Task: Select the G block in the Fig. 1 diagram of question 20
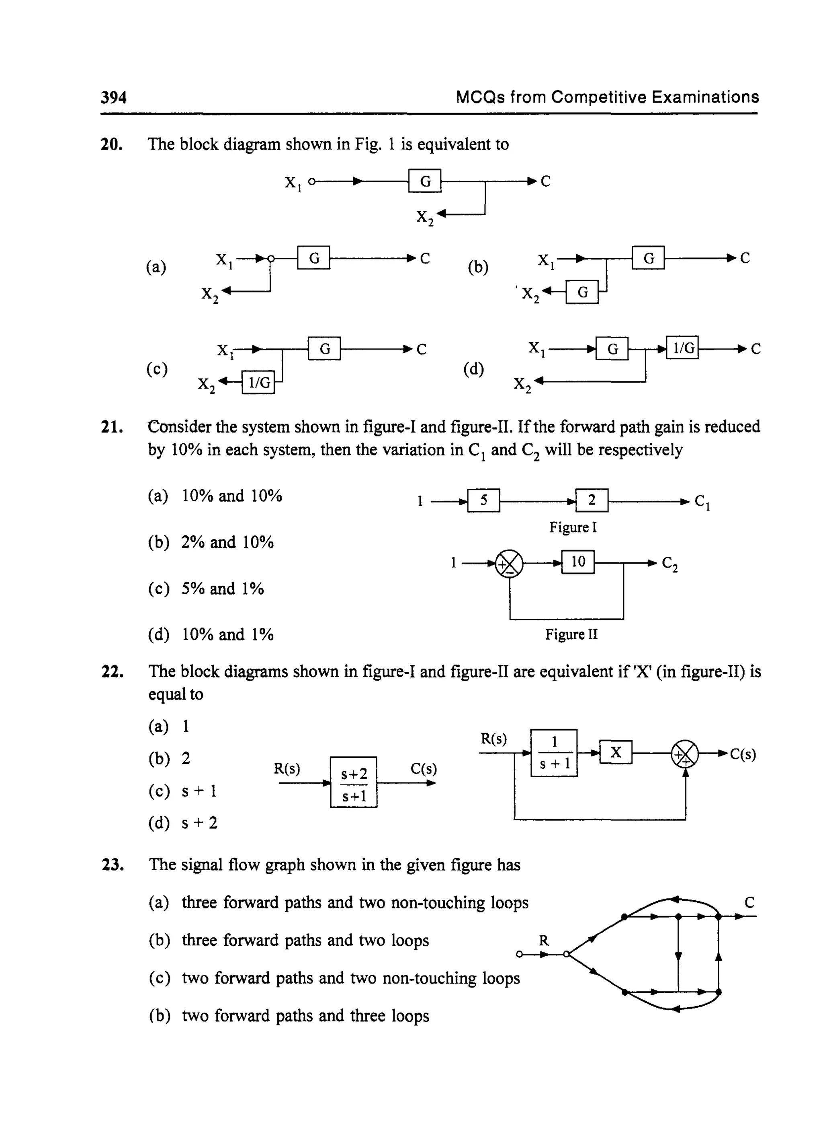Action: (425, 181)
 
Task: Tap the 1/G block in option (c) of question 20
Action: (258, 383)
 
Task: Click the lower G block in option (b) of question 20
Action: (582, 292)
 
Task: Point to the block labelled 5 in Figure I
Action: (484, 500)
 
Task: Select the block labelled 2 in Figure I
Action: (592, 500)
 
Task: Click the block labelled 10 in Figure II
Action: (578, 562)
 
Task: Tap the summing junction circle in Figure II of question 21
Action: (509, 564)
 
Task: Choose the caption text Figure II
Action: (571, 634)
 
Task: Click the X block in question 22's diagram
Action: (616, 752)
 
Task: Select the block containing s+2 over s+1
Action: (354, 782)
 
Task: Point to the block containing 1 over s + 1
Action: (554, 753)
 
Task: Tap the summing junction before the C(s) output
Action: (685, 753)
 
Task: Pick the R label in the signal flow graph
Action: (544, 941)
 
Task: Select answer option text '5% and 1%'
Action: (222, 589)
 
